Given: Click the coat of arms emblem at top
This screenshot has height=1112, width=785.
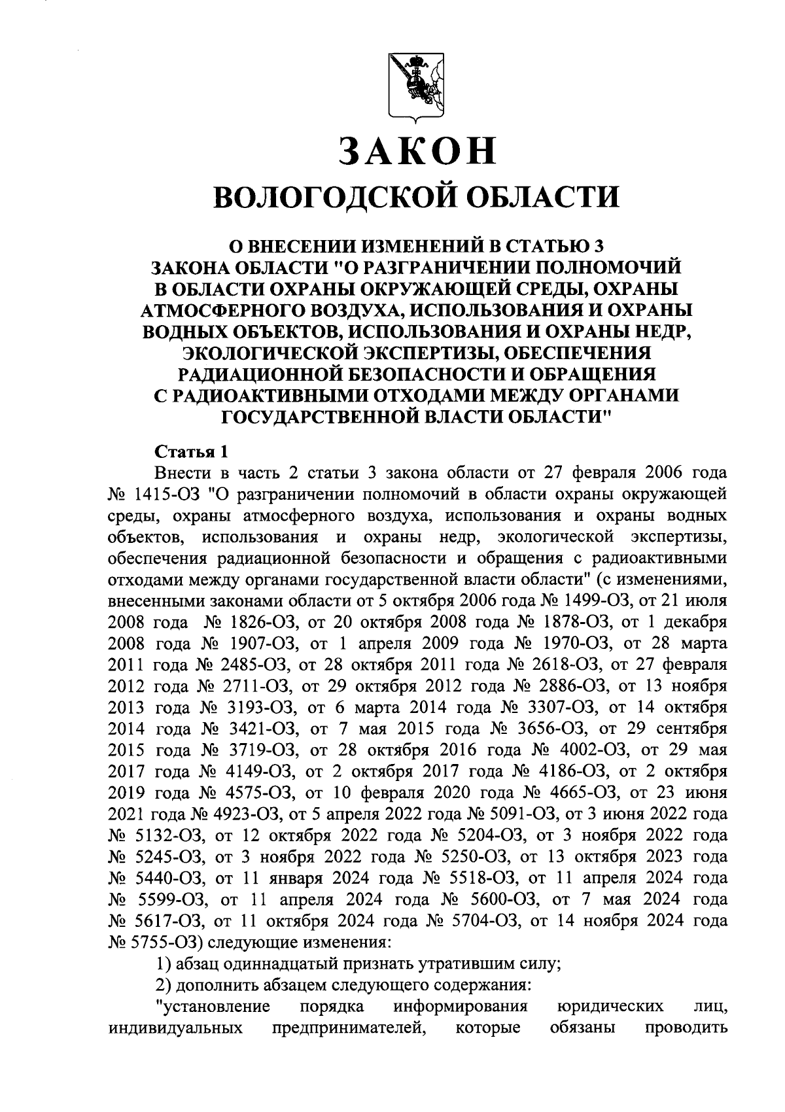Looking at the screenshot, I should point(415,86).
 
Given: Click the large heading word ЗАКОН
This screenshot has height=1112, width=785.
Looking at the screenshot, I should point(417,151).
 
